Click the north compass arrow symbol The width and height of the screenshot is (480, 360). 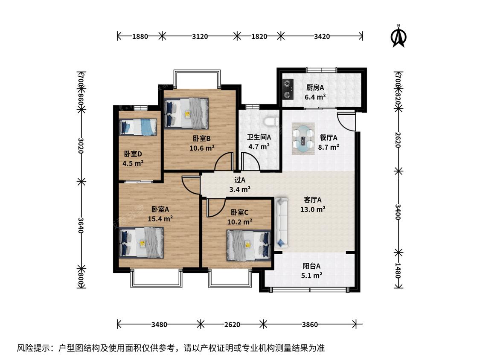click(x=398, y=36)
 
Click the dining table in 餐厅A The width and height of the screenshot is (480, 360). click(x=303, y=138)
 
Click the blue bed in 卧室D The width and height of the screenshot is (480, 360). click(x=138, y=127)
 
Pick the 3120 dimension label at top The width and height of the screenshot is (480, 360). click(x=200, y=36)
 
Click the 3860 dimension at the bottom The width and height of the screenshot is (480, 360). click(x=310, y=324)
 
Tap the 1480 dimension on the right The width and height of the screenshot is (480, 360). click(x=398, y=270)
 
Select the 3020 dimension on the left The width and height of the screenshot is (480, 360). click(x=81, y=145)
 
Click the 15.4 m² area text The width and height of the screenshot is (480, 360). click(x=160, y=218)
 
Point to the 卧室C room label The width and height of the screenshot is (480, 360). click(x=239, y=212)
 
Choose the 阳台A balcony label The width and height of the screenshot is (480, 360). click(x=311, y=266)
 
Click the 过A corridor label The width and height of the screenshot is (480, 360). click(x=240, y=180)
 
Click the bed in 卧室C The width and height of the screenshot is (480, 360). click(x=249, y=246)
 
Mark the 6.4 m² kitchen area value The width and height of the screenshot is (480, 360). click(x=315, y=97)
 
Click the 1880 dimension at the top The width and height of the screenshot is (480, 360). click(x=140, y=36)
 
